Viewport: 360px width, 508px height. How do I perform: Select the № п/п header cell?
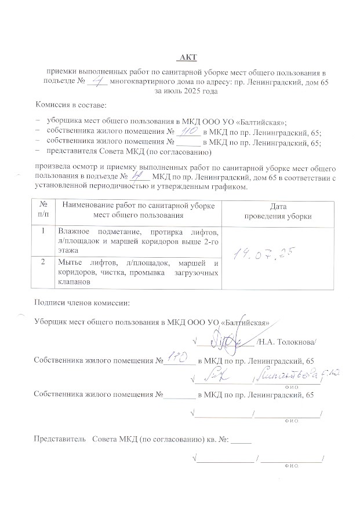(x=43, y=211)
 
